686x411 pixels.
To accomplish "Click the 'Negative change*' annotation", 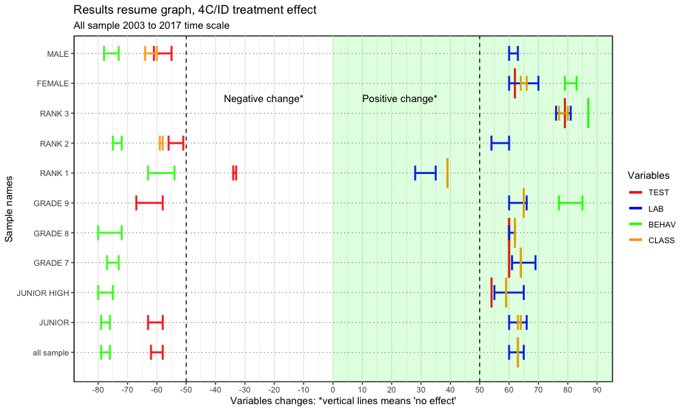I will tap(263, 99).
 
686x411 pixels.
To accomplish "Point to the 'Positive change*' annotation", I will tap(399, 99).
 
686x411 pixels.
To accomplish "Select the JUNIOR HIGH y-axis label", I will tap(43, 293).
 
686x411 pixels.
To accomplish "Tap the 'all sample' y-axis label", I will tap(51, 353).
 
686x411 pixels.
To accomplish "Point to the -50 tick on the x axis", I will tap(186, 389).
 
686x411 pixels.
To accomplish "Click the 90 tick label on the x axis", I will tap(597, 389).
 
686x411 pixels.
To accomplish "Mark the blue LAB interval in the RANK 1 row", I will tap(425, 173).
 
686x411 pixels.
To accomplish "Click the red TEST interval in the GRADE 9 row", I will tap(150, 203).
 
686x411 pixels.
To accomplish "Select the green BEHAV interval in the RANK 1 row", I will tap(161, 173).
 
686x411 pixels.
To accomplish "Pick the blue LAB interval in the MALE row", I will tap(513, 53).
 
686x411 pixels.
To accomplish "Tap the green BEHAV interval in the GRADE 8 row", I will tap(110, 233).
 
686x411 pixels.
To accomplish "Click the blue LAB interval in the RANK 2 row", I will tap(500, 143).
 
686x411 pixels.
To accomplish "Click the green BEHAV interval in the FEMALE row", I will tap(570, 84).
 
